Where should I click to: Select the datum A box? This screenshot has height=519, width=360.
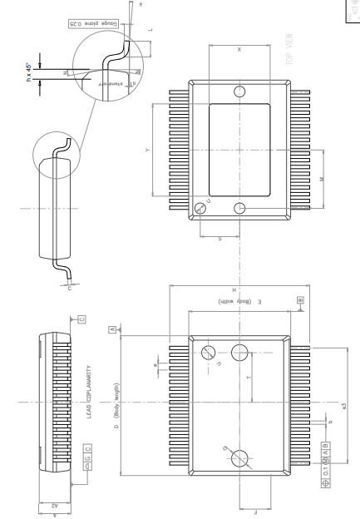click(x=111, y=330)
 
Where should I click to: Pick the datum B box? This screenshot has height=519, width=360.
click(x=299, y=299)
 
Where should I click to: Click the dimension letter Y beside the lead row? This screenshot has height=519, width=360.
click(x=147, y=151)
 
